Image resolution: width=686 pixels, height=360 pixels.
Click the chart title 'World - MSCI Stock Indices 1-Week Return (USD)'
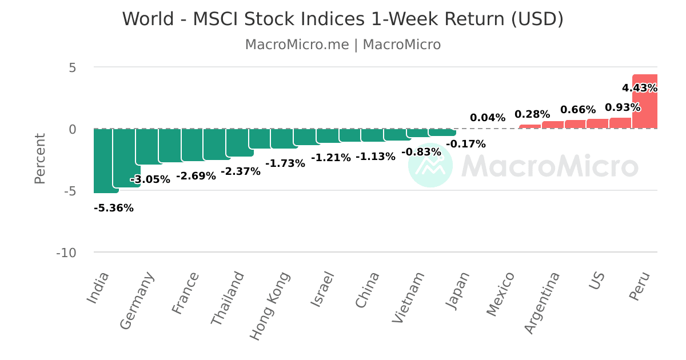coord(342,19)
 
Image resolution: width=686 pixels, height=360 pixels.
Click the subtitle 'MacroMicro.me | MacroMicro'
coord(342,45)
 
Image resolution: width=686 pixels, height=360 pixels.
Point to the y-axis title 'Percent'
coord(40,159)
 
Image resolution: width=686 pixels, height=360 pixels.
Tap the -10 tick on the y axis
coord(66,253)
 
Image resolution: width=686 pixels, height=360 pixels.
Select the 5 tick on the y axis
coord(72,67)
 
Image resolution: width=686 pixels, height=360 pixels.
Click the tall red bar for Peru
coord(645,101)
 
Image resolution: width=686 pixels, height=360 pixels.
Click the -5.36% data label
coord(114,208)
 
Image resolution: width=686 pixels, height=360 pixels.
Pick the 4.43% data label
coord(640,88)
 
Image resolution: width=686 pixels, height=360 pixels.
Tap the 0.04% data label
coord(488,118)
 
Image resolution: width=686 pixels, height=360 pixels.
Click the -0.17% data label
coord(466,144)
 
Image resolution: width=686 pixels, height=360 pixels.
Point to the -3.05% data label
coord(150,179)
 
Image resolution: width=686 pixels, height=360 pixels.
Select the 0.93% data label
coord(623,107)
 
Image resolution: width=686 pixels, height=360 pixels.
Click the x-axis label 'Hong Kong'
coord(270,306)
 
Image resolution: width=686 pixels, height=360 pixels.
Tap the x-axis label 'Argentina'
coord(542,303)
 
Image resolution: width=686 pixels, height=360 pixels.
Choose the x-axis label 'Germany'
coord(137,301)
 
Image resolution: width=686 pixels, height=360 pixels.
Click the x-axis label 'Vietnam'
coord(408,298)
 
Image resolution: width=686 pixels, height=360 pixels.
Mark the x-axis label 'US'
coord(597,281)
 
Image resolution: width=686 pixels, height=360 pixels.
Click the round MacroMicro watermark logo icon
coord(430,165)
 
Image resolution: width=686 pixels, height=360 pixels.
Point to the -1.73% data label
coord(285,163)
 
